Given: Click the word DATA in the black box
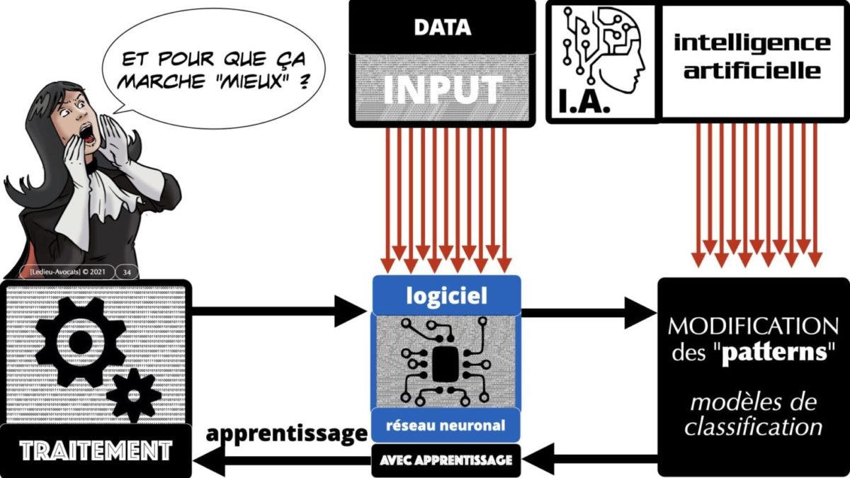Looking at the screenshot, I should pos(442,28).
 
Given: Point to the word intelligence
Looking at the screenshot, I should pos(752,42).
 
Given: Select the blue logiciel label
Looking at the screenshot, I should pos(446,296).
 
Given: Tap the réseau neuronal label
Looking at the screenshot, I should pos(446,426).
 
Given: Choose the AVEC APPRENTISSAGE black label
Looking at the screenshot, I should pos(446,460).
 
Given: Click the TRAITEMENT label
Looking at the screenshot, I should pos(96,450).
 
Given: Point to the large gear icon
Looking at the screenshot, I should pos(79,342).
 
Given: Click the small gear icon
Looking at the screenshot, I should pos(133,394).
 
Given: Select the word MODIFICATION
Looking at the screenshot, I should pos(753,327).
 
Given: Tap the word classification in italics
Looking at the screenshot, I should pos(753,427).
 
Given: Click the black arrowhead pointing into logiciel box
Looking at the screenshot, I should pos(354,312).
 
